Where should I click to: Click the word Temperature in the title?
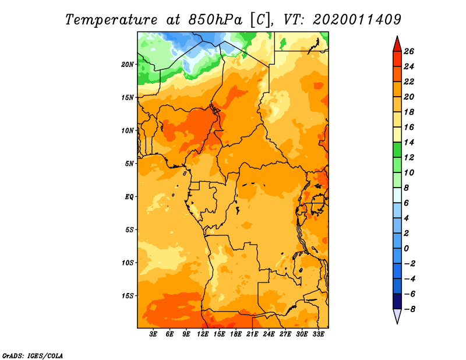pyautogui.click(x=111, y=20)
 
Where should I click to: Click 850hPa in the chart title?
pyautogui.click(x=216, y=20)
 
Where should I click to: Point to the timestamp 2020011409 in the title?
pyautogui.click(x=357, y=19)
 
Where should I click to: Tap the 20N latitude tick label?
pyautogui.click(x=128, y=65)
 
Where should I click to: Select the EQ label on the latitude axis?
pyautogui.click(x=129, y=197)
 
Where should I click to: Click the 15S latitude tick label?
pyautogui.click(x=128, y=296)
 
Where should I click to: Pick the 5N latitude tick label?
pyautogui.click(x=129, y=164)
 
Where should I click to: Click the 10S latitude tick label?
pyautogui.click(x=128, y=263)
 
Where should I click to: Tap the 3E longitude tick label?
pyautogui.click(x=153, y=334)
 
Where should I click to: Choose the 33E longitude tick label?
pyautogui.click(x=318, y=334)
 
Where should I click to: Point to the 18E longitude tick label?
pyautogui.click(x=236, y=334)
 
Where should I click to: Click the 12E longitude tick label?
pyautogui.click(x=203, y=334)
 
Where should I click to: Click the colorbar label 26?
pyautogui.click(x=409, y=51)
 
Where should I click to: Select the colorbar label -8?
pyautogui.click(x=409, y=309)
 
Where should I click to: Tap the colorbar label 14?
pyautogui.click(x=409, y=142)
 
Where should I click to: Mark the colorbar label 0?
pyautogui.click(x=406, y=249)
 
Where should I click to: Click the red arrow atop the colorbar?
pyautogui.click(x=397, y=44)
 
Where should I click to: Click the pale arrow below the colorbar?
pyautogui.click(x=397, y=316)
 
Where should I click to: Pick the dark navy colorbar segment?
pyautogui.click(x=397, y=301)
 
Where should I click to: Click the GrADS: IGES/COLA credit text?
pyautogui.click(x=33, y=355)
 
